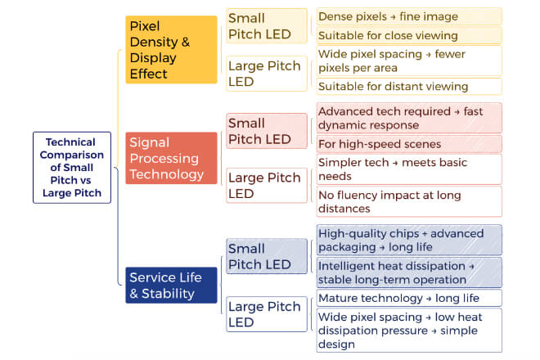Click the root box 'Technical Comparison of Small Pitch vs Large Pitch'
coord(72,168)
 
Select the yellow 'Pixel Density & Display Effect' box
coord(171,50)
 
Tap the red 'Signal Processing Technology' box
coord(171,158)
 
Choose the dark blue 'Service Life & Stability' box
coord(171,286)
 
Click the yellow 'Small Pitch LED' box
coord(267,26)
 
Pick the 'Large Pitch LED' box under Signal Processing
coord(267,186)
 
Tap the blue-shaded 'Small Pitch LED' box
coord(267,256)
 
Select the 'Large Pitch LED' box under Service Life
coord(267,314)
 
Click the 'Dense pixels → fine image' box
coord(409,16)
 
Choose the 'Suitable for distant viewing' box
coord(409,86)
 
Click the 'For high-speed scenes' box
coord(409,144)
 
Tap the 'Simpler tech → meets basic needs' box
coord(409,169)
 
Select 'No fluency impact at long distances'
coord(409,202)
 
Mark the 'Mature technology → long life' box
coord(409,298)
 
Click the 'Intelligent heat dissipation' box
coord(409,272)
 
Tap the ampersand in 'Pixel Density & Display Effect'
coord(186,42)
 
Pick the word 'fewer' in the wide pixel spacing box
coord(450,54)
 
